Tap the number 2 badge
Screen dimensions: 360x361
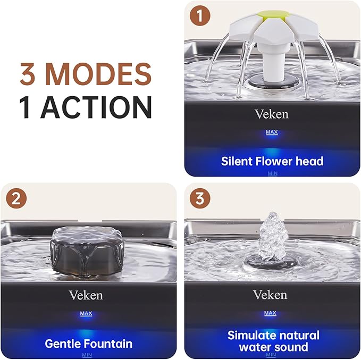(16, 199)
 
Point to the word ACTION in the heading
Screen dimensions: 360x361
(97, 106)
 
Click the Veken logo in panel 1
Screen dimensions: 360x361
(271, 113)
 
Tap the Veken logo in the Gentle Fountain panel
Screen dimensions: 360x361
(86, 295)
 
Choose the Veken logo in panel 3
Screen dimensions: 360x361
(270, 295)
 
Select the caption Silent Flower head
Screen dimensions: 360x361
(272, 161)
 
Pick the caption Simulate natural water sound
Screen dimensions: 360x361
(273, 341)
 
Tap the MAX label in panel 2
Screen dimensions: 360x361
(86, 314)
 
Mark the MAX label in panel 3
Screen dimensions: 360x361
(270, 313)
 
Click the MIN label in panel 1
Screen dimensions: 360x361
(272, 173)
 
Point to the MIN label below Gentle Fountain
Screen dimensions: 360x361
(87, 355)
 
